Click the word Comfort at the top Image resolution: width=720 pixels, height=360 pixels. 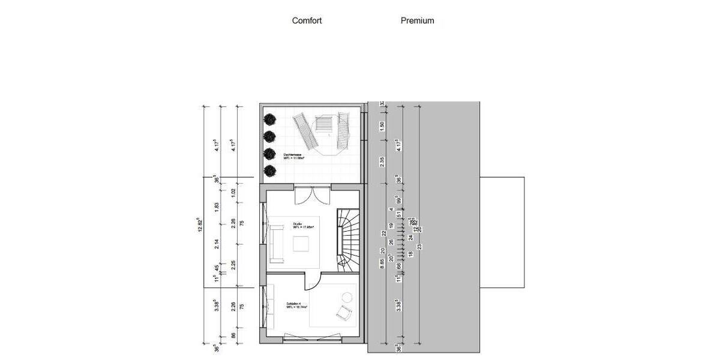pyautogui.click(x=307, y=20)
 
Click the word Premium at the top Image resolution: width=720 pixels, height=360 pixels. pyautogui.click(x=417, y=20)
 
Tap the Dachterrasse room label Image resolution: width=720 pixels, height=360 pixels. pyautogui.click(x=292, y=156)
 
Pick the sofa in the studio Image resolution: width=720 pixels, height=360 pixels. pyautogui.click(x=277, y=243)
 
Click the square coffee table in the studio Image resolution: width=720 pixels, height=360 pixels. pyautogui.click(x=301, y=244)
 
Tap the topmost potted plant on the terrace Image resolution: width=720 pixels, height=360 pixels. pyautogui.click(x=270, y=119)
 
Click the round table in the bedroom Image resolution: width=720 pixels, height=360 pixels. pyautogui.click(x=347, y=297)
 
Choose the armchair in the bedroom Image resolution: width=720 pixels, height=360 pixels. pyautogui.click(x=344, y=313)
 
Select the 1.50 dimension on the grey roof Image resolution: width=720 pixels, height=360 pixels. pyautogui.click(x=382, y=127)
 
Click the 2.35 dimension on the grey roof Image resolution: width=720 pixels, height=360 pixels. pyautogui.click(x=382, y=161)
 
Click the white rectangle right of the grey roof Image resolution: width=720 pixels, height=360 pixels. pyautogui.click(x=502, y=232)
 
